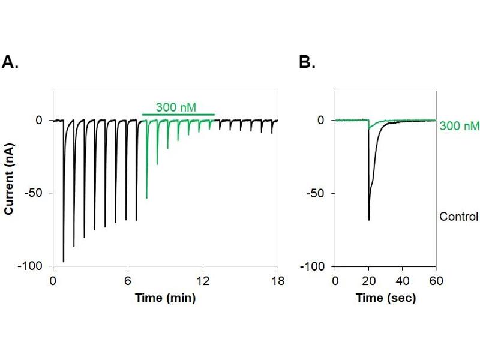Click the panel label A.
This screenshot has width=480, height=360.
(10, 62)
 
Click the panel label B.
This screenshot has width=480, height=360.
(307, 62)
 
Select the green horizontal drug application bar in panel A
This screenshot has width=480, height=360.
(178, 114)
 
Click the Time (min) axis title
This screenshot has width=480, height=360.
(165, 298)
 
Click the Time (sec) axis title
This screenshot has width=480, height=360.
(385, 298)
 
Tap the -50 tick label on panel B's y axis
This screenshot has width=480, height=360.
(319, 193)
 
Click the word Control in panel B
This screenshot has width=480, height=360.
(458, 217)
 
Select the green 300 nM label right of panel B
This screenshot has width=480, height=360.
(459, 127)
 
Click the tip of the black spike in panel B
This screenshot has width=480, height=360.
(368, 220)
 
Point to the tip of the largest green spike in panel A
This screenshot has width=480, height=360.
(147, 198)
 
